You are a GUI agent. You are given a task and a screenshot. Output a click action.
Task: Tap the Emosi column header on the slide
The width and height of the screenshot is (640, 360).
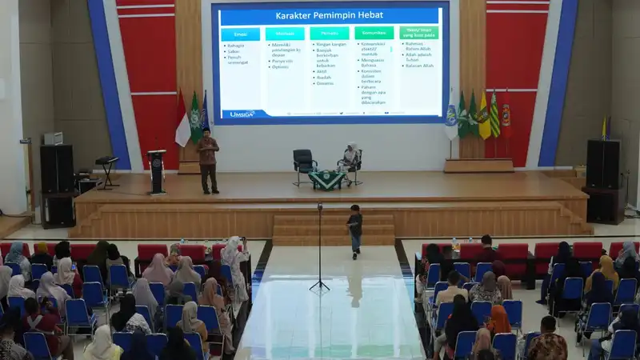click(240, 34)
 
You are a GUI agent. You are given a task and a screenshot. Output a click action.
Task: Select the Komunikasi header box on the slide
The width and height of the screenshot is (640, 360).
click(374, 34)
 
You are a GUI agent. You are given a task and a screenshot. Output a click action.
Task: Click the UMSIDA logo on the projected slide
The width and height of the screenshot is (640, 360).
click(242, 114)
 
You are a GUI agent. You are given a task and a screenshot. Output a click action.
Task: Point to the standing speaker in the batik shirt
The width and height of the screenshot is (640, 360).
click(208, 158)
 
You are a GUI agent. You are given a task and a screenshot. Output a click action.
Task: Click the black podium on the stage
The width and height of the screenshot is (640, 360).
click(157, 170)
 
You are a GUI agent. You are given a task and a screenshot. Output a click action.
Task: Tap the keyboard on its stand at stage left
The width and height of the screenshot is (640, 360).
click(106, 162)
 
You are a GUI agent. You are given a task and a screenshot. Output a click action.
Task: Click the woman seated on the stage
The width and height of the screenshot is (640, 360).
click(350, 158)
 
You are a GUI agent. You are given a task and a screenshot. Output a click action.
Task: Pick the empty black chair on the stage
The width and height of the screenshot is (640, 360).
click(304, 162)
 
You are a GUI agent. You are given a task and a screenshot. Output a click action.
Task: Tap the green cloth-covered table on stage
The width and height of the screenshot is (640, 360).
click(326, 179)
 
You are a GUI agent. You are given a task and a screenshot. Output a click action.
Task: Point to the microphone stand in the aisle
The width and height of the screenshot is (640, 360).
click(319, 248)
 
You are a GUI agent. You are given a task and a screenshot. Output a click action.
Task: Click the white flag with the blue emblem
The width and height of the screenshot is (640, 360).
click(451, 120)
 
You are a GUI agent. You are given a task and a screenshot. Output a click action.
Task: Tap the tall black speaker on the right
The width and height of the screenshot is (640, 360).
click(602, 164)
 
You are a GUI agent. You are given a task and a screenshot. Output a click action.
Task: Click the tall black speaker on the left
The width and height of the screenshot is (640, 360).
click(57, 168)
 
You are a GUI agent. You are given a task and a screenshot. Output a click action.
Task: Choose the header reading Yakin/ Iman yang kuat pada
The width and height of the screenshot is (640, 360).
click(418, 33)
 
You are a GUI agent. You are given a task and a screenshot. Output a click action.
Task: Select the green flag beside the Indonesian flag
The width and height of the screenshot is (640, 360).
click(194, 120)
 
